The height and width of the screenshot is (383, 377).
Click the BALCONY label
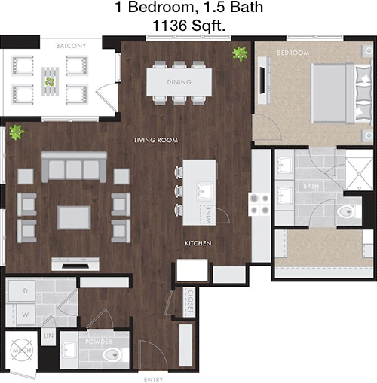[71, 46]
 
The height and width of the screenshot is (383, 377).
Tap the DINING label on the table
[179, 82]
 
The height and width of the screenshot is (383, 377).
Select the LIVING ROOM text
[156, 140]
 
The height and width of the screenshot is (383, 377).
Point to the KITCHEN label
[198, 243]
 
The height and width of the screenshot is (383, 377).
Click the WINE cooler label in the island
[208, 214]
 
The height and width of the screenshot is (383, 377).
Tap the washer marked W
[26, 315]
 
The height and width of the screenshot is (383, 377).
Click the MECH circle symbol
[22, 351]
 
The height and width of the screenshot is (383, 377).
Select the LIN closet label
[48, 336]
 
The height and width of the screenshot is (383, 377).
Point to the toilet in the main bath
[349, 211]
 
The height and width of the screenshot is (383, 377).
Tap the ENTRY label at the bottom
[153, 380]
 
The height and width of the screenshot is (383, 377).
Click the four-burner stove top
[259, 204]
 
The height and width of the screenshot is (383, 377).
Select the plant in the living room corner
[17, 132]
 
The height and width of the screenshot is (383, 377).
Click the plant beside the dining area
[240, 54]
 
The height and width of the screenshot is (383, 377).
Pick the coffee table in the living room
[74, 217]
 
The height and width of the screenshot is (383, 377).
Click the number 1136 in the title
[170, 26]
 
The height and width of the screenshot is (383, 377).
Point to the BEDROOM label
[293, 53]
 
